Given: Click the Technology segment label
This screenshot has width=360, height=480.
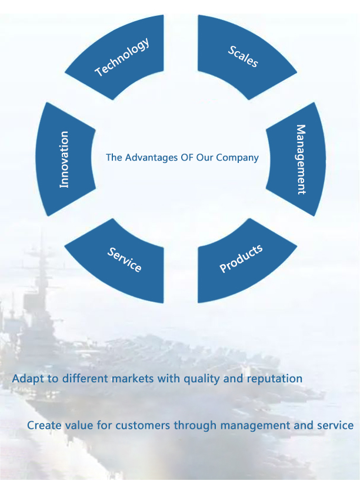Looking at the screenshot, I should (x=122, y=56).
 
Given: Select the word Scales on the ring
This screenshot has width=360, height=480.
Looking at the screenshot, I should (x=243, y=55).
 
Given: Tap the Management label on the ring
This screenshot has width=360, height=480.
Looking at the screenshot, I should (x=301, y=159).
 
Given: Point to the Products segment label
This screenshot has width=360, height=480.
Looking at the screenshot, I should (x=241, y=259).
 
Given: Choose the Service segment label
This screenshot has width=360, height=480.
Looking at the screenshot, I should (x=124, y=259).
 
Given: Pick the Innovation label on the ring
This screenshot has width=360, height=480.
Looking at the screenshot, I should (x=64, y=159).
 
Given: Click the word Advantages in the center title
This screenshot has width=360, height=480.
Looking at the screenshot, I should (x=149, y=158).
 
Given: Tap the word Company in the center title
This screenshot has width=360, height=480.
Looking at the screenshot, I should (x=239, y=158).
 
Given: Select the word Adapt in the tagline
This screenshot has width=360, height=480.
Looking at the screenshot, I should (x=27, y=378).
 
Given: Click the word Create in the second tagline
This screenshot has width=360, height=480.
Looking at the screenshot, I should (x=42, y=425).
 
